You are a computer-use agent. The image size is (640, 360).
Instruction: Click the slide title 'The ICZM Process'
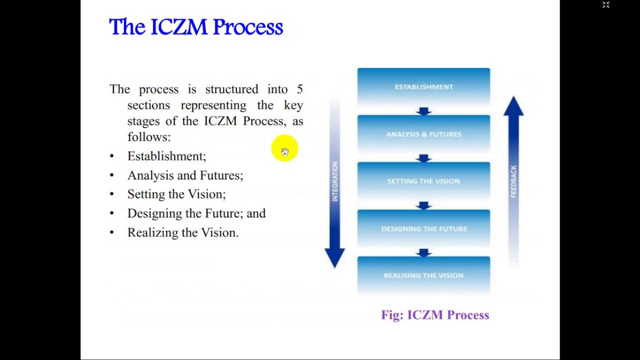196,27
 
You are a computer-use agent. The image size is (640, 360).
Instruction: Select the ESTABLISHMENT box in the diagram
423,87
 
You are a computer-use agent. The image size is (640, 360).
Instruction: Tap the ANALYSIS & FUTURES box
423,134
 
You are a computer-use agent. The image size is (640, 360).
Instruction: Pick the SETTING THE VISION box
423,181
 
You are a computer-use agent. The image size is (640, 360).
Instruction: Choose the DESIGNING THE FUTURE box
423,228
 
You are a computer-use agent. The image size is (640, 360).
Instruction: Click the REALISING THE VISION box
423,275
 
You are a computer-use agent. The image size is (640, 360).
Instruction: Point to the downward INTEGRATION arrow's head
334,257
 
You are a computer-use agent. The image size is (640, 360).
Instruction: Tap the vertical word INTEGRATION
335,181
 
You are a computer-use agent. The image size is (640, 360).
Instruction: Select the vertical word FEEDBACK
513,181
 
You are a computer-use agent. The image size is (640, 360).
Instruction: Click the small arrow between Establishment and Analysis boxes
423,111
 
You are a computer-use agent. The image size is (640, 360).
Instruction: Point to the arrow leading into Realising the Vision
423,252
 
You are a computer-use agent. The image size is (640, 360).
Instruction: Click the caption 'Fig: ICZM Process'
435,315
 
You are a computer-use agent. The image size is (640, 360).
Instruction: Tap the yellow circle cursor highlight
284,148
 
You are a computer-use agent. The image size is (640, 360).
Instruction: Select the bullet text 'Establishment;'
166,156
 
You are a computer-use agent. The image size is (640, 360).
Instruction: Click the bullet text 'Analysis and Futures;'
185,175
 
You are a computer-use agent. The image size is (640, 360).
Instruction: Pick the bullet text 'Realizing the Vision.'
183,232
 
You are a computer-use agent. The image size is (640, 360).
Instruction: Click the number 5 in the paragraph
299,89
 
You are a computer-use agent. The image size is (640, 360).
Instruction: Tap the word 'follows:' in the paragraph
149,137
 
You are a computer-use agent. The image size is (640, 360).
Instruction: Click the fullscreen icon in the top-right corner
606,5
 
